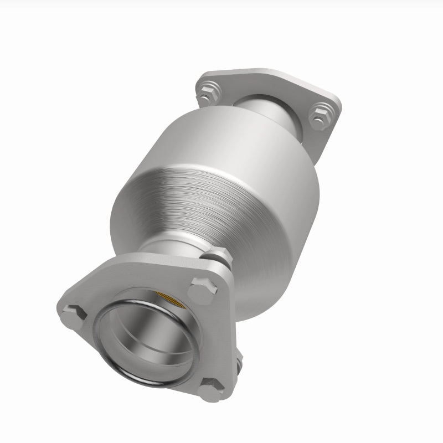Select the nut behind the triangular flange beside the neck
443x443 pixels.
coord(217,257)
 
